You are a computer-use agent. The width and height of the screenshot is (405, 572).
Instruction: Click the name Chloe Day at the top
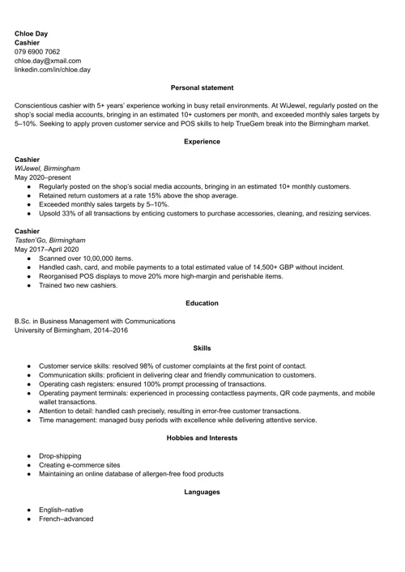click(31, 33)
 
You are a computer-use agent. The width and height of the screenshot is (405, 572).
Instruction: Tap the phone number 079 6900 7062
click(36, 51)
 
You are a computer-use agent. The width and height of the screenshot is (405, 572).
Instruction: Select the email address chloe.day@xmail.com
click(48, 60)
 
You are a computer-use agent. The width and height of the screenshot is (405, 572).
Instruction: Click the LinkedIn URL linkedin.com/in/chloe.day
click(53, 70)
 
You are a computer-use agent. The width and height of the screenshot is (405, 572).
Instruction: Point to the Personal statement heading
click(202, 88)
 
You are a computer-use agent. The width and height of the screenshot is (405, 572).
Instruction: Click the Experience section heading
click(202, 142)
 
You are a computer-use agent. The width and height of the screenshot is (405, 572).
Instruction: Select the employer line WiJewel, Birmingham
click(47, 169)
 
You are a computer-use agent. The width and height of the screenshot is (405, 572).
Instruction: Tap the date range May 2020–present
click(42, 177)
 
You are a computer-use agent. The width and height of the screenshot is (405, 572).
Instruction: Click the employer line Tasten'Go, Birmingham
click(50, 241)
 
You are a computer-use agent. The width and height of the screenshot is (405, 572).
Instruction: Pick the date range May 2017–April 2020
click(49, 250)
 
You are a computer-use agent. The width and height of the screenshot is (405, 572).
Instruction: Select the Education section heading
click(202, 303)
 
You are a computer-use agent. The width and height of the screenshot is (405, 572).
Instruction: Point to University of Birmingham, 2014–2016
click(70, 330)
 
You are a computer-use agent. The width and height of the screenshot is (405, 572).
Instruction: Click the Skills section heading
click(202, 348)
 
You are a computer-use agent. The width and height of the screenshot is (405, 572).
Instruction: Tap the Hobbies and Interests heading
click(202, 438)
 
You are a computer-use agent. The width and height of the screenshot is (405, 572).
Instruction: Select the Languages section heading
click(202, 492)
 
